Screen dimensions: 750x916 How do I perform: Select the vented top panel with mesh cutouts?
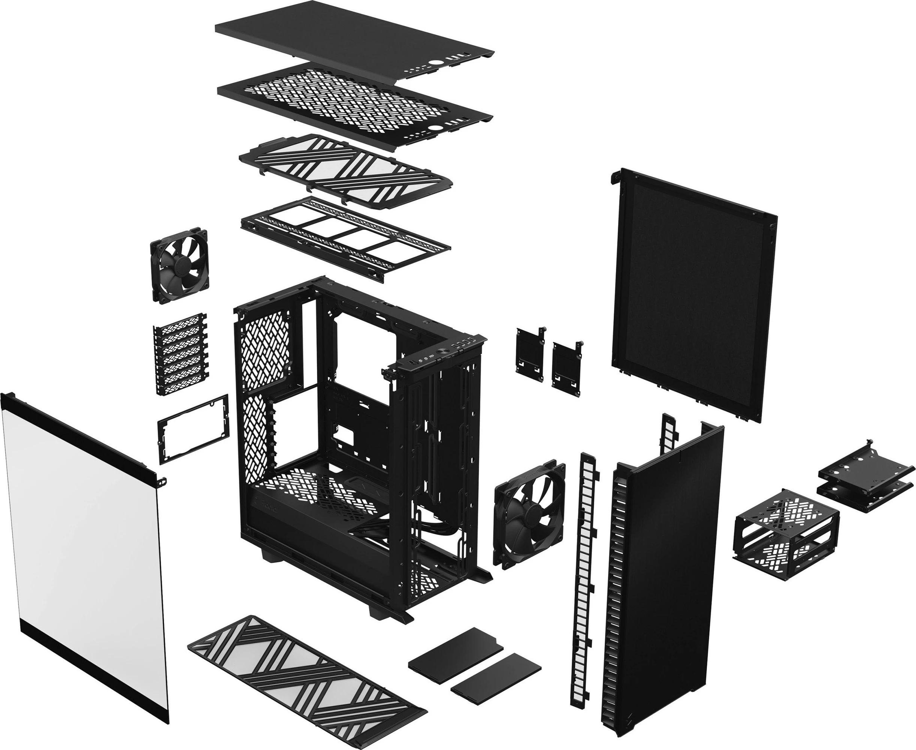(x=354, y=104)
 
